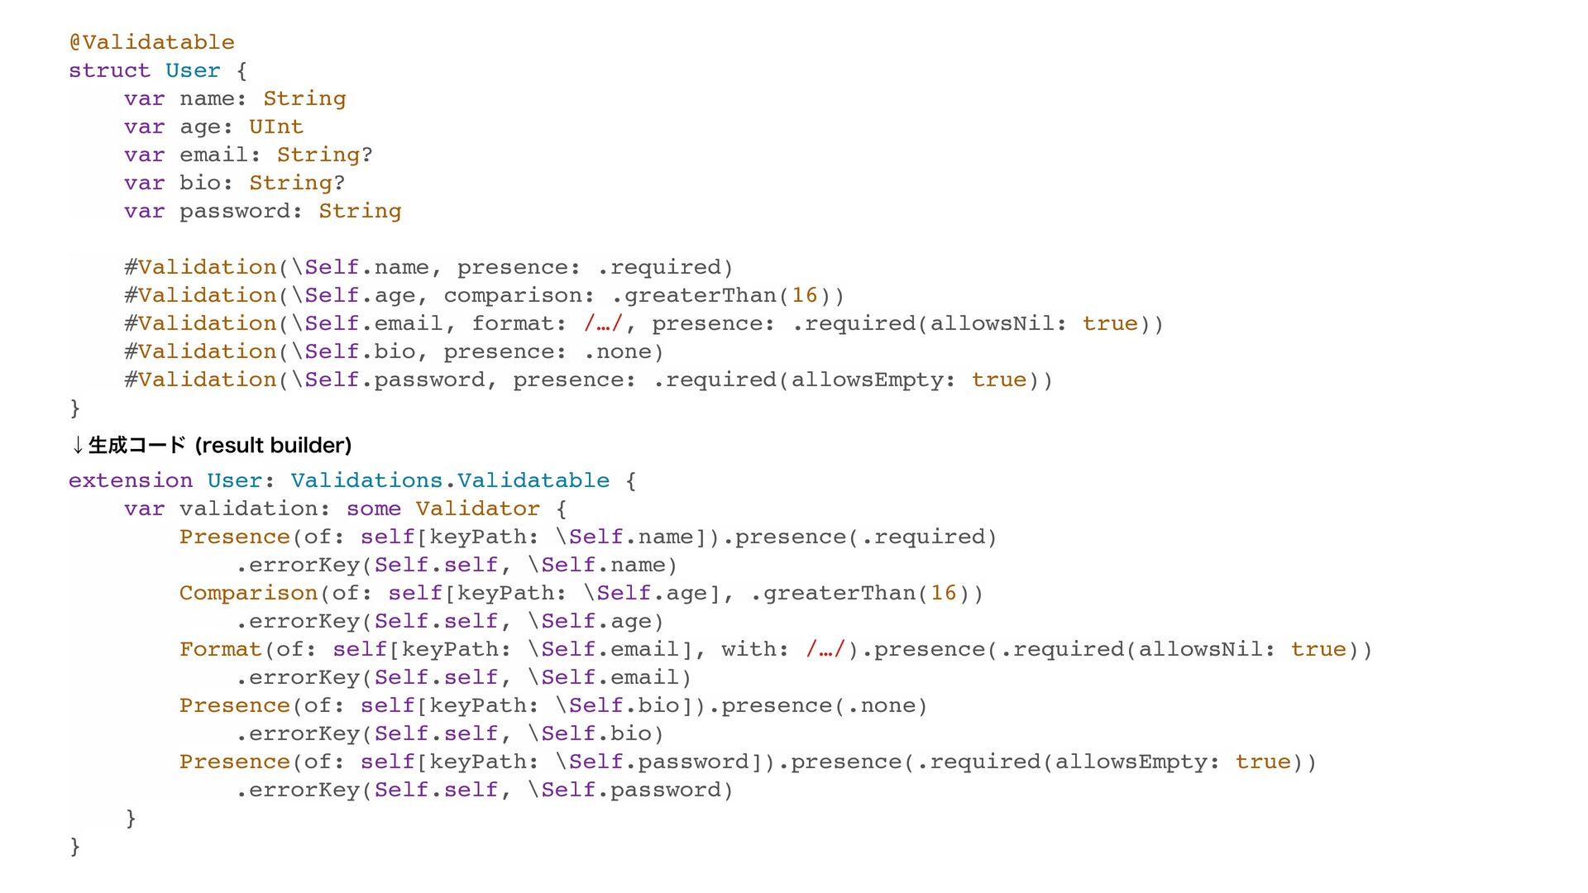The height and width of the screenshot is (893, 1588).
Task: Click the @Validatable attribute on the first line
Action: pos(152,42)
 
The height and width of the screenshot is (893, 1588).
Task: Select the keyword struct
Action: pos(109,70)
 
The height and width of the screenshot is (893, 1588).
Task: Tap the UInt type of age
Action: pos(276,127)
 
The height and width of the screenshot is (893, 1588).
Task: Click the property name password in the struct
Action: pos(235,211)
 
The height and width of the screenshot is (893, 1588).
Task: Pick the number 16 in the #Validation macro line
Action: pos(804,295)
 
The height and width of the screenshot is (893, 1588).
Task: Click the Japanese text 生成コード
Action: pos(136,446)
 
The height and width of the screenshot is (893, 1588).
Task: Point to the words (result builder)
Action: pos(273,446)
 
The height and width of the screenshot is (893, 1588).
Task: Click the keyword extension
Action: pos(131,480)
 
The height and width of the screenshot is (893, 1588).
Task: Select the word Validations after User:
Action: pos(366,480)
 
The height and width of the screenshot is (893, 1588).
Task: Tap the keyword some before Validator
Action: pos(374,509)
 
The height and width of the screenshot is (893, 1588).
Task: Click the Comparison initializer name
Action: pos(248,593)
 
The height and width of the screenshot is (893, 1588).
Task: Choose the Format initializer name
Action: pos(220,649)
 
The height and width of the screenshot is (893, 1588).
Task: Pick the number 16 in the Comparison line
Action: pos(943,593)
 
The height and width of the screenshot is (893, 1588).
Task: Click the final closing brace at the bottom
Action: pos(75,846)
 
